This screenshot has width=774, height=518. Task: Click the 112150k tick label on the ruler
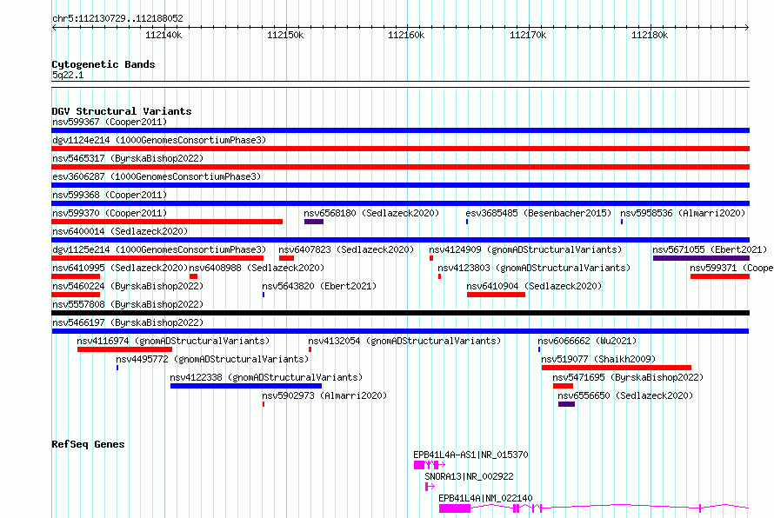pos(285,35)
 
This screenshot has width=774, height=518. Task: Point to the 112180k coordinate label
pos(650,35)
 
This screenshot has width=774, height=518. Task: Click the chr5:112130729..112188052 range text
pos(117,18)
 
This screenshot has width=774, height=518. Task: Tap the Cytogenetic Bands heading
pos(103,64)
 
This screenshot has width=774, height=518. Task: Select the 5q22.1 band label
pos(68,75)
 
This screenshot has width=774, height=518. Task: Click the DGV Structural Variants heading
pos(122,111)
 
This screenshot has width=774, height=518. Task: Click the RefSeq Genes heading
pos(88,444)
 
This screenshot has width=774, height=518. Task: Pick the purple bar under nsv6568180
pos(314,222)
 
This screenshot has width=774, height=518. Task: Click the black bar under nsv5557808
pos(400,313)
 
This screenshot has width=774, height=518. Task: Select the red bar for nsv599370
pos(167,222)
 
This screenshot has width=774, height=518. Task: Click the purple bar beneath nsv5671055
pos(701,258)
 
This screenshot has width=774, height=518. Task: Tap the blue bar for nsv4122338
pos(246,386)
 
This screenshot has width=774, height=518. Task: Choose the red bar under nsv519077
pos(616,368)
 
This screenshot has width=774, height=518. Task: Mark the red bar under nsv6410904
pos(496,295)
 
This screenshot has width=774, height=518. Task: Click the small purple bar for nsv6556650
pos(567,404)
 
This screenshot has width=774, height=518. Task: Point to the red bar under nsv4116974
pos(125,349)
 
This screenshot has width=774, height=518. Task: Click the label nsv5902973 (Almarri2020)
pos(324,395)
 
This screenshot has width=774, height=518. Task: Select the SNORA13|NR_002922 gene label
pos(469,476)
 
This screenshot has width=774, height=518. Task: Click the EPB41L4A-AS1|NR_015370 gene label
pos(470,455)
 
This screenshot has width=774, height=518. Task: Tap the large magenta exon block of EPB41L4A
pos(455,508)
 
